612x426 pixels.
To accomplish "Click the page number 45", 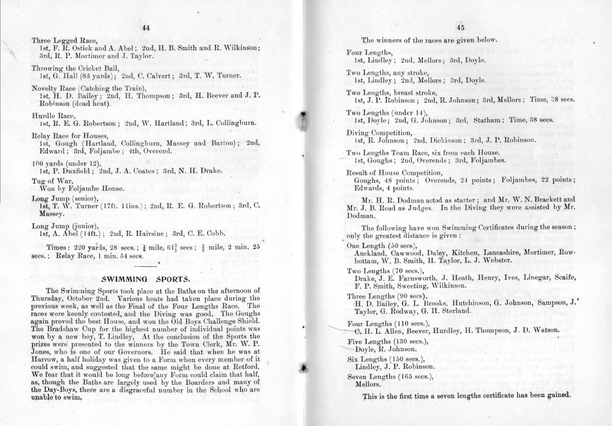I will [x=461, y=27].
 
